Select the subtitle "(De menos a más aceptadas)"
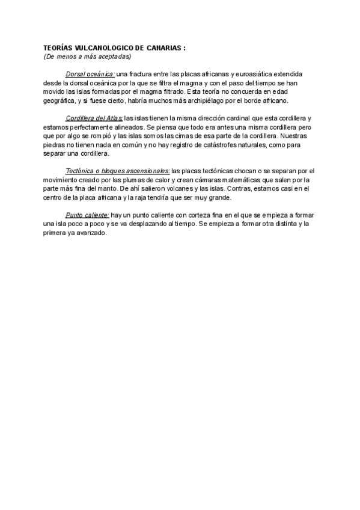click(87, 56)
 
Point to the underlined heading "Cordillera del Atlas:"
click(94, 120)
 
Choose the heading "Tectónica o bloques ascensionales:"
click(118, 171)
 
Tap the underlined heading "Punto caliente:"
click(87, 215)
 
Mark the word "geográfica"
click(59, 101)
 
